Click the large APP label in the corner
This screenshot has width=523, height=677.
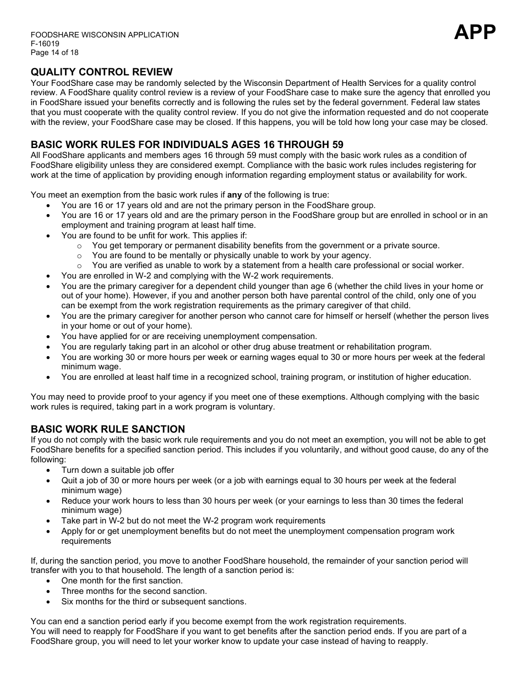pyautogui.click(x=475, y=32)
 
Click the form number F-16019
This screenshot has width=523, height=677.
pyautogui.click(x=45, y=43)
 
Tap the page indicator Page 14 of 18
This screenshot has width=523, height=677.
pyautogui.click(x=55, y=52)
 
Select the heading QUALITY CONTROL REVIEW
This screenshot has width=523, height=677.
pyautogui.click(x=102, y=72)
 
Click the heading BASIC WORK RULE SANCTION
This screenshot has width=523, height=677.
pyautogui.click(x=108, y=429)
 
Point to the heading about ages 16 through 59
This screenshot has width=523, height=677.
pyautogui.click(x=187, y=145)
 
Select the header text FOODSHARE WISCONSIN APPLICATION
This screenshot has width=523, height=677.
pyautogui.click(x=105, y=35)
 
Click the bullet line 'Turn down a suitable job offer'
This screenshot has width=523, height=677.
pyautogui.click(x=118, y=470)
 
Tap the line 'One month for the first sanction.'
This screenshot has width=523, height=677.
pyautogui.click(x=122, y=581)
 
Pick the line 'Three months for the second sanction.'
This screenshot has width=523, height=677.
pyautogui.click(x=134, y=591)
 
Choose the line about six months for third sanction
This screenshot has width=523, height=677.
pyautogui.click(x=154, y=601)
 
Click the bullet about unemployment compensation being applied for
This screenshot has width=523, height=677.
pyautogui.click(x=189, y=336)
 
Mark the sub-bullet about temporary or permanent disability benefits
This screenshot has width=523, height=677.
pyautogui.click(x=265, y=245)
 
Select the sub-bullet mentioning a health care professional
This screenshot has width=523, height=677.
pyautogui.click(x=277, y=265)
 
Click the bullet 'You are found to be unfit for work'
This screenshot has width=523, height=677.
pyautogui.click(x=154, y=236)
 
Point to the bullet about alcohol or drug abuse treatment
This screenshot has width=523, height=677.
pyautogui.click(x=246, y=347)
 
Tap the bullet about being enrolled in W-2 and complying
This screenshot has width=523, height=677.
pyautogui.click(x=197, y=276)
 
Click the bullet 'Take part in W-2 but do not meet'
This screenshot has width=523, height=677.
pyautogui.click(x=193, y=521)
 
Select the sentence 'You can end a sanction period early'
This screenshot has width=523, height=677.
pyautogui.click(x=218, y=621)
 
